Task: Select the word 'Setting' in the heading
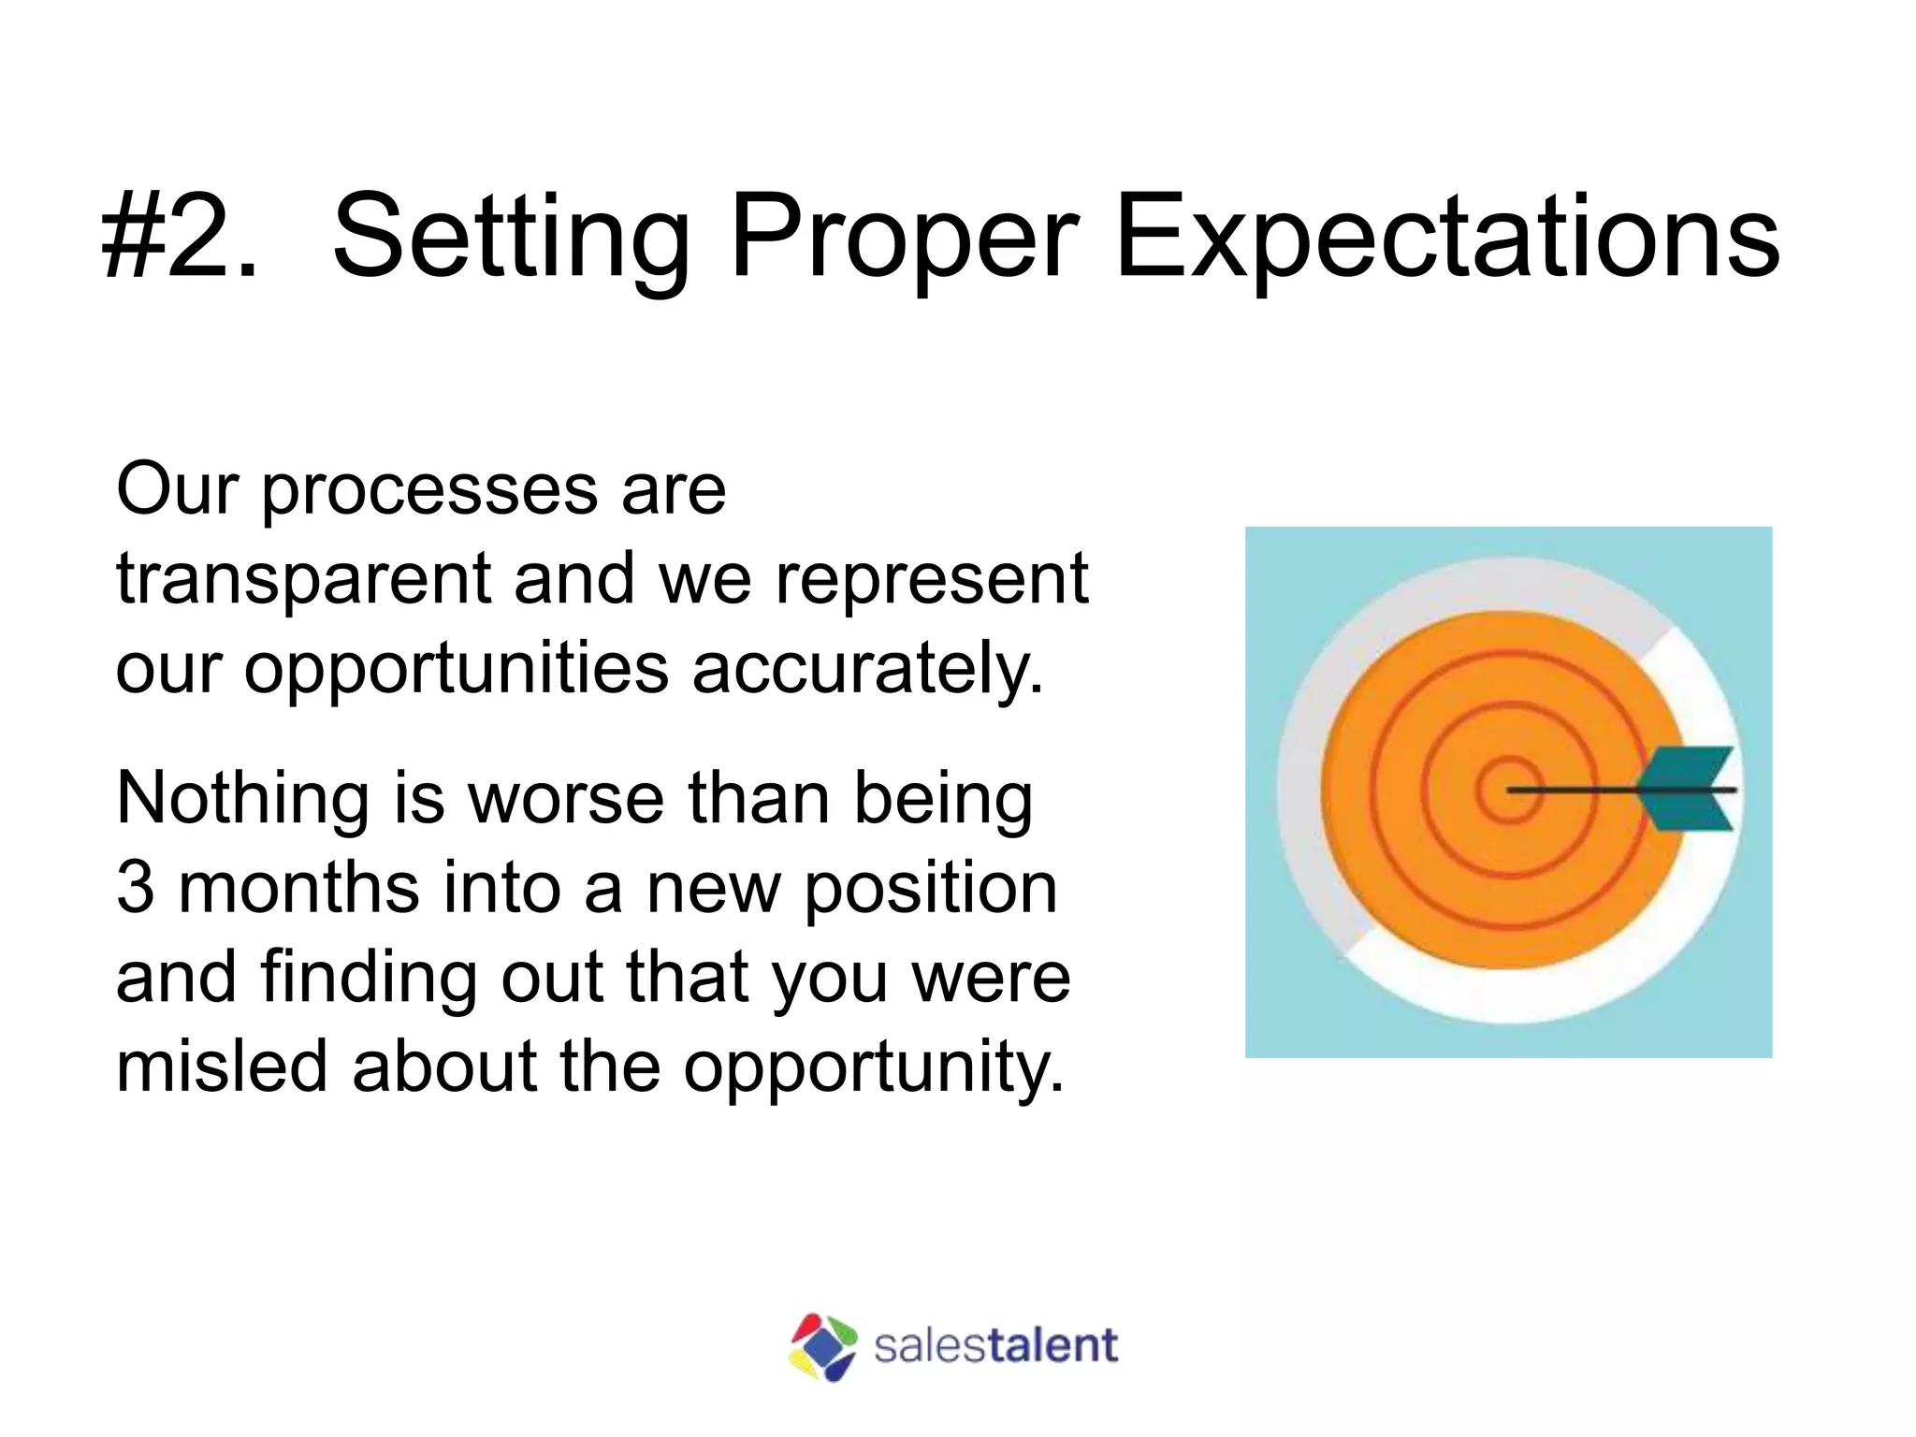click(x=511, y=237)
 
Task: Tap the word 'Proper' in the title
click(x=904, y=237)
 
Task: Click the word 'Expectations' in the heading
click(x=1446, y=237)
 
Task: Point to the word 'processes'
click(x=428, y=492)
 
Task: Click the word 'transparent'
click(x=303, y=579)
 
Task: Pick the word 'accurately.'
click(x=867, y=670)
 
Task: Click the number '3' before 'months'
click(x=135, y=888)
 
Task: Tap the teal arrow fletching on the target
click(x=1690, y=789)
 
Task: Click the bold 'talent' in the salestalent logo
click(x=1052, y=1345)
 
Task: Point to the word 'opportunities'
click(x=457, y=670)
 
